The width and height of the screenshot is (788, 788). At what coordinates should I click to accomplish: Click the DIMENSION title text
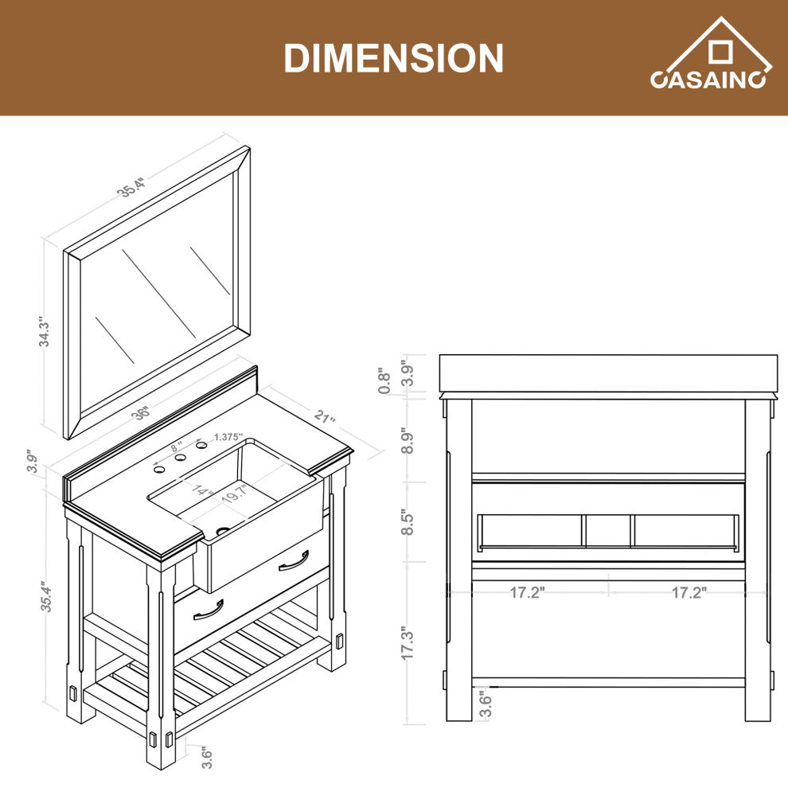pyautogui.click(x=393, y=58)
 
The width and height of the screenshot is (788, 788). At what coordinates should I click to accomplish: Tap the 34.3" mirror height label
pyautogui.click(x=45, y=332)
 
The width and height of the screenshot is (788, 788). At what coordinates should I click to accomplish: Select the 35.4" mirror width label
pyautogui.click(x=131, y=187)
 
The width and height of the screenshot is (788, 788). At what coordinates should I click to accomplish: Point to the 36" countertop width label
pyautogui.click(x=141, y=413)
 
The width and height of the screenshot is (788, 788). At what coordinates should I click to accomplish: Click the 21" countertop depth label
pyautogui.click(x=325, y=416)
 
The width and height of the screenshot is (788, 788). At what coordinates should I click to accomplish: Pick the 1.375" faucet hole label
pyautogui.click(x=228, y=437)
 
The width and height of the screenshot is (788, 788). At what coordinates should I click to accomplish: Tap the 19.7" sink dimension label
pyautogui.click(x=234, y=494)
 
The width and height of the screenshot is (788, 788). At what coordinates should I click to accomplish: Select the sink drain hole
pyautogui.click(x=223, y=530)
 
